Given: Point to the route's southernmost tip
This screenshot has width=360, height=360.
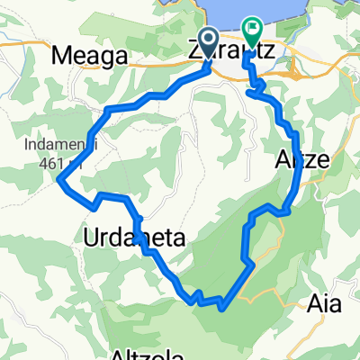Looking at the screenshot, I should coord(220,307).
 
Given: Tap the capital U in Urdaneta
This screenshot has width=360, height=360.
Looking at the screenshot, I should coord(90,238).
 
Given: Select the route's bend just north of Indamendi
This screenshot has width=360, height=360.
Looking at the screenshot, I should coord(108,110).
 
